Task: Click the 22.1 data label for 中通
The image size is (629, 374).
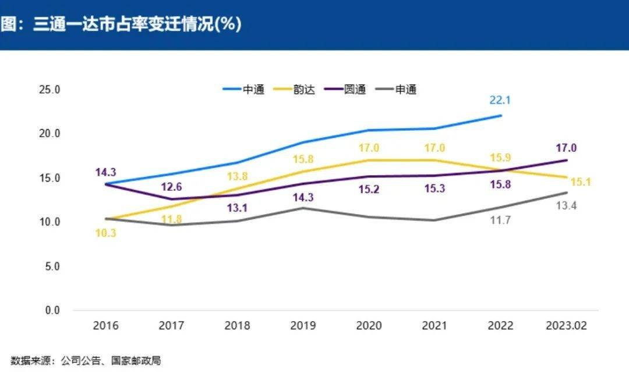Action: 500,100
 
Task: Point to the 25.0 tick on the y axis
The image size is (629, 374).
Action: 50,90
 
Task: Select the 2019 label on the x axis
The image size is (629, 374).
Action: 302,326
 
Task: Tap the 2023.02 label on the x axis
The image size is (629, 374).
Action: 566,326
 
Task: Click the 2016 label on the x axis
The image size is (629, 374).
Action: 105,326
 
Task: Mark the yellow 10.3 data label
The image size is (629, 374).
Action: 105,233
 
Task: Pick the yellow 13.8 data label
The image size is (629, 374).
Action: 237,177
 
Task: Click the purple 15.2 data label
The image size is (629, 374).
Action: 368,189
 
